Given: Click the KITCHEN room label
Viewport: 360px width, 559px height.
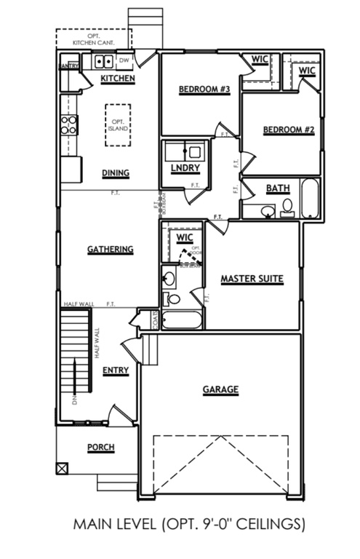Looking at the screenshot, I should point(117,78).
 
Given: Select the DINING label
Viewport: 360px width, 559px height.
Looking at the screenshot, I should point(116,173).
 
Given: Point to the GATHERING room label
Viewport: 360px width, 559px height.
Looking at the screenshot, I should point(111,250).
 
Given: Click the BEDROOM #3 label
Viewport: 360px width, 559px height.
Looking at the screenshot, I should point(204,90).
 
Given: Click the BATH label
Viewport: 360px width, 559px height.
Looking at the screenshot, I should point(277,189).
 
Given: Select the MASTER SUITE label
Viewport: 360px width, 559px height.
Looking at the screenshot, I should point(252,279).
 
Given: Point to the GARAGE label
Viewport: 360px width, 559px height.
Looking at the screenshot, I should point(220,389).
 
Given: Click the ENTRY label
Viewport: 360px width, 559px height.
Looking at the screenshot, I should point(116,370).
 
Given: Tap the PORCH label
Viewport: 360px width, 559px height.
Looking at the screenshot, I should point(101,447).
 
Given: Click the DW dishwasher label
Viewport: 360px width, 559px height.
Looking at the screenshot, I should point(124,60).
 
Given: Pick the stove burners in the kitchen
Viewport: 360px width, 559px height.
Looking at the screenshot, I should point(69,125).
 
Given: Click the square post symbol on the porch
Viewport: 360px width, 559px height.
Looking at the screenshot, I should point(62,468).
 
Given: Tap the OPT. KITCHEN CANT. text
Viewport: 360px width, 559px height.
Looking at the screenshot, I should point(94,40).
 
